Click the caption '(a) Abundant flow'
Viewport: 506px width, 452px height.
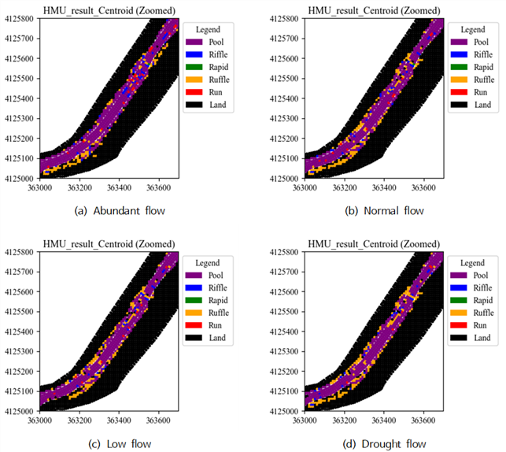pos(120,211)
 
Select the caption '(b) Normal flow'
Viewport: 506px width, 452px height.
pos(384,211)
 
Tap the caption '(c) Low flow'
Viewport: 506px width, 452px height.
pos(120,444)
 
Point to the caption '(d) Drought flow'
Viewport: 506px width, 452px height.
pos(384,444)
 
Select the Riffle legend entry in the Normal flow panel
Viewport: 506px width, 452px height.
pos(472,54)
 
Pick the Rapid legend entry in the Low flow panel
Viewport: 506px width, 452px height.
pos(206,300)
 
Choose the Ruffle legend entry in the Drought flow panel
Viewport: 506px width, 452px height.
pos(472,313)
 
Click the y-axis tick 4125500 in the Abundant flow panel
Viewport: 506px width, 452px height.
pos(19,79)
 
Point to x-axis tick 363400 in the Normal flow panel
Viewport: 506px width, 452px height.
pos(384,187)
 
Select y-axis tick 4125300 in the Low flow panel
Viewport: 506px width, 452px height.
pos(19,351)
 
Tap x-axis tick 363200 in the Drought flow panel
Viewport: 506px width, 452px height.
pos(345,421)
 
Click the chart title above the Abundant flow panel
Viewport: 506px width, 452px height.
pos(109,11)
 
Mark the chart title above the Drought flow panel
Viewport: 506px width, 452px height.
pos(374,244)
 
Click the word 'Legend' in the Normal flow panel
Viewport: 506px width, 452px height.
pos(473,30)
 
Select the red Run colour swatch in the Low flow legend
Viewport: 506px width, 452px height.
pos(194,325)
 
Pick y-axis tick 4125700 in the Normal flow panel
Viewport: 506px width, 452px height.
pos(284,39)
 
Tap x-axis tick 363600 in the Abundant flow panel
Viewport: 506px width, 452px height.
pos(158,187)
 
